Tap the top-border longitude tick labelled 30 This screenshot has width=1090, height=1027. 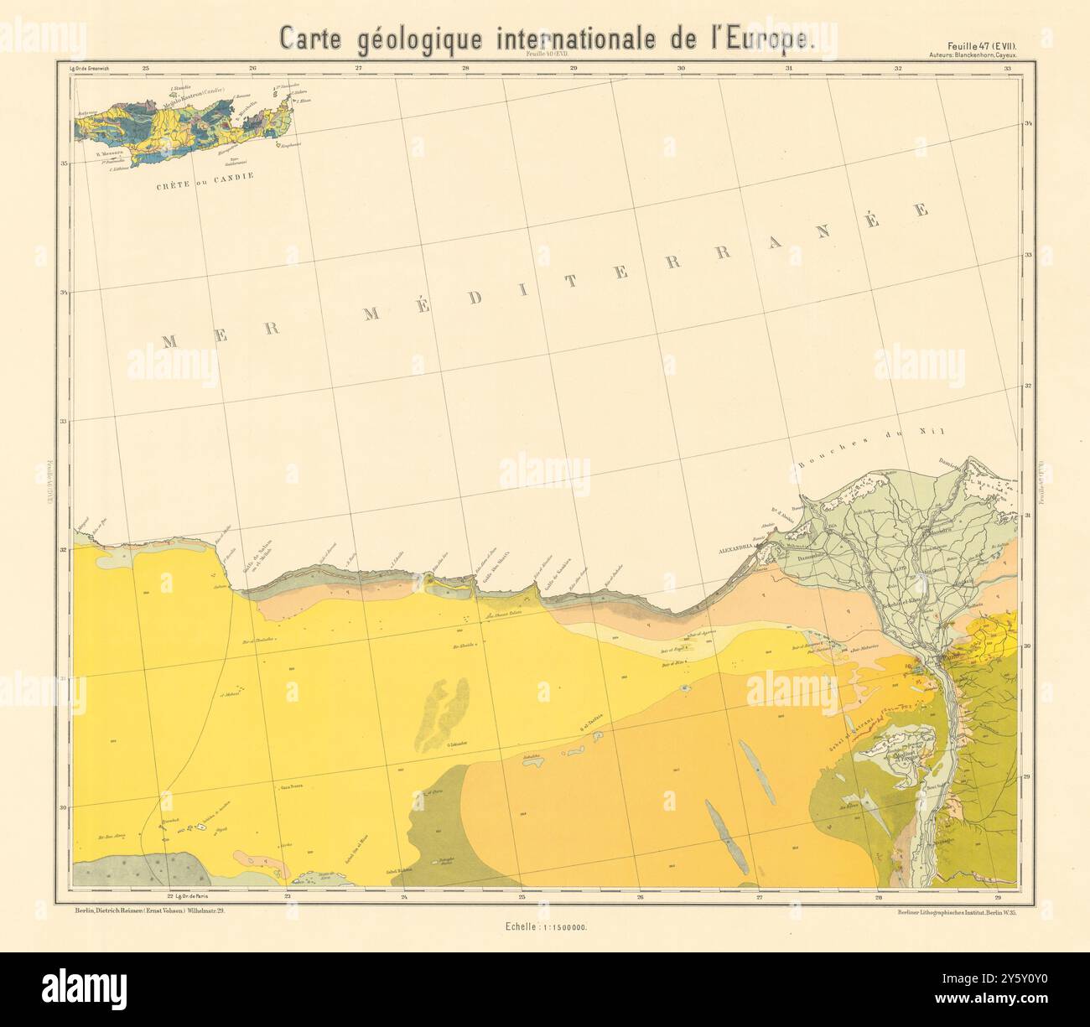click(681, 68)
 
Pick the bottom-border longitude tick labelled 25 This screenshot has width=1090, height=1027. click(523, 898)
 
